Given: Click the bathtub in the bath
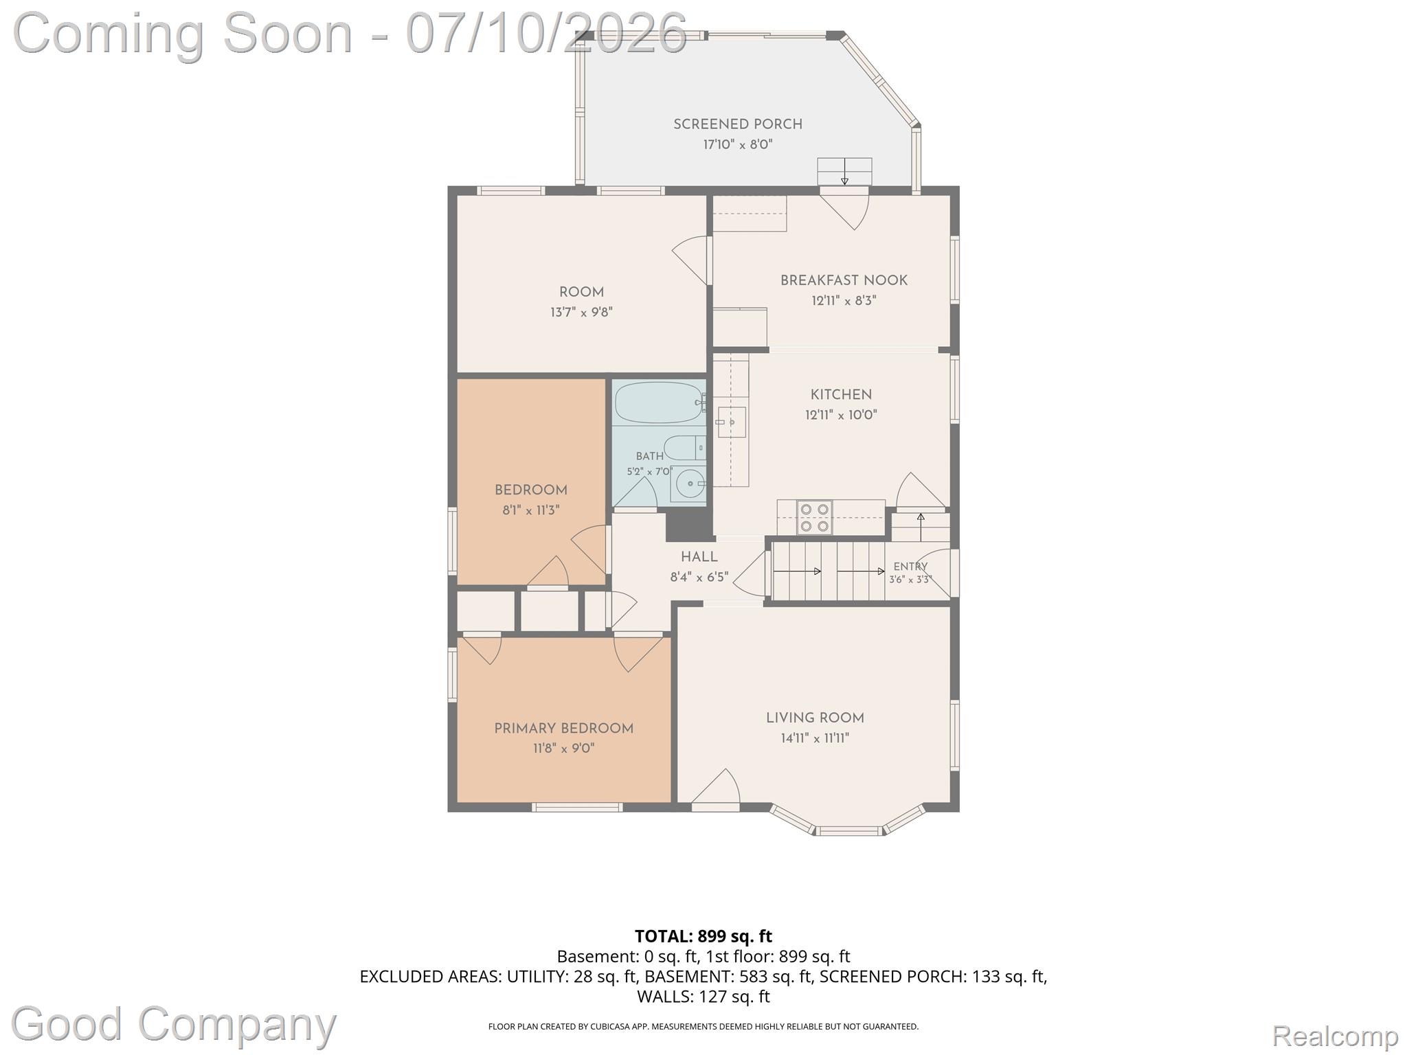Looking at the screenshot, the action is click(659, 402).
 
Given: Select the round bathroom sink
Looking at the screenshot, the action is click(688, 484).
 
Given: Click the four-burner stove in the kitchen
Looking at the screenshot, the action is click(814, 517).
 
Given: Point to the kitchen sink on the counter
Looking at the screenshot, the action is click(731, 422).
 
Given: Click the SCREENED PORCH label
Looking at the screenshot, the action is click(738, 124).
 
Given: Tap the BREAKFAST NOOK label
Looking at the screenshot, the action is click(844, 280).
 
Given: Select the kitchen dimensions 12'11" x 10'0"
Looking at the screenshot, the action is click(841, 415).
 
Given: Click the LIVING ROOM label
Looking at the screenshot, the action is click(815, 718).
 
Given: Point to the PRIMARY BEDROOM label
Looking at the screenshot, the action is click(564, 728).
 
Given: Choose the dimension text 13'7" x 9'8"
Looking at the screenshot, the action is click(581, 313).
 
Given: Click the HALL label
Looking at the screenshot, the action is click(699, 557).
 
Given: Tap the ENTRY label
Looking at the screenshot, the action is click(910, 567).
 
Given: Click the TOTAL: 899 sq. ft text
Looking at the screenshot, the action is click(703, 936).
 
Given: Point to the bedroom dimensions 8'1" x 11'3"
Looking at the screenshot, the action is click(530, 510).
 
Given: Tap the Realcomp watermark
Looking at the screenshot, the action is click(1335, 1035).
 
